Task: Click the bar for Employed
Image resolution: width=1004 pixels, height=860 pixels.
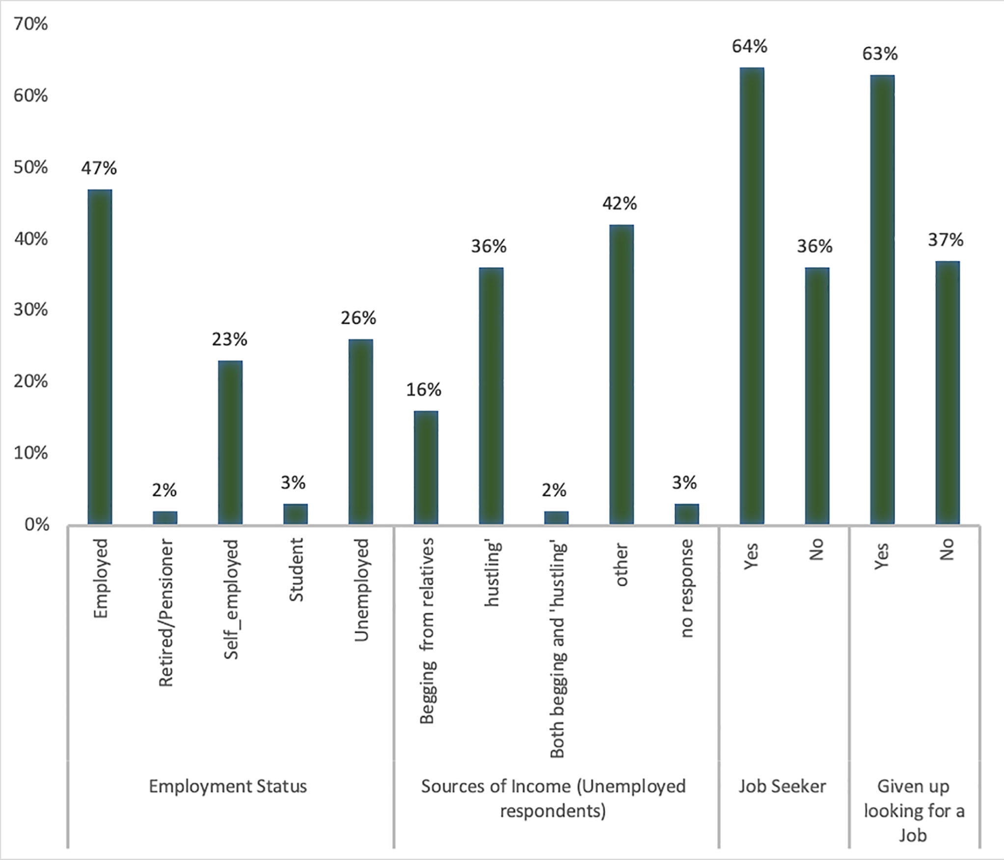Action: [x=100, y=357]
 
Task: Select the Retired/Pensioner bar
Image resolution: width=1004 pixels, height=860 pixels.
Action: [x=165, y=517]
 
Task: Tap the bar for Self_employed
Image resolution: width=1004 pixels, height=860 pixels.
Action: [x=230, y=442]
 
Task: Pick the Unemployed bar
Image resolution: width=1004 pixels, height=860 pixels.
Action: [x=361, y=431]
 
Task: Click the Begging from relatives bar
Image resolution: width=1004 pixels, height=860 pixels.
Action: [x=426, y=467]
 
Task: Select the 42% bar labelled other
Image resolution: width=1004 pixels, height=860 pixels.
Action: [x=622, y=374]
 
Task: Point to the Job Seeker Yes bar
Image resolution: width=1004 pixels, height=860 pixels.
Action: [x=752, y=296]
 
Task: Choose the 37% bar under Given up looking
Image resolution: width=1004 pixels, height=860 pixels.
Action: [x=948, y=393]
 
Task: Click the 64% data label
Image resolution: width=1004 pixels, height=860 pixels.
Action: [x=750, y=46]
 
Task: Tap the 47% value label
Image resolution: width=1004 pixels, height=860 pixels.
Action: [x=99, y=169]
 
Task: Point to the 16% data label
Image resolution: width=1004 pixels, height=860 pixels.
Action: [x=424, y=390]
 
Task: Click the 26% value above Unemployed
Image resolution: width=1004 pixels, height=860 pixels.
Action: [x=358, y=318]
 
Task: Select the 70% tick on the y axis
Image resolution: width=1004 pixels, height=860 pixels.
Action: [x=30, y=24]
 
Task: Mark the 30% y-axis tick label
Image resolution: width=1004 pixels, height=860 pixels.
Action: [x=30, y=310]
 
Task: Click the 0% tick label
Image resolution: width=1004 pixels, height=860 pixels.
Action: [x=37, y=525]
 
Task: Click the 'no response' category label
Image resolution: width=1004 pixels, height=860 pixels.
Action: [x=686, y=588]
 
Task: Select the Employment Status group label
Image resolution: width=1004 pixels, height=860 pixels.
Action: [x=228, y=786]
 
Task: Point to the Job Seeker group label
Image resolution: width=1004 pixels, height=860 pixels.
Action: [x=783, y=786]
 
